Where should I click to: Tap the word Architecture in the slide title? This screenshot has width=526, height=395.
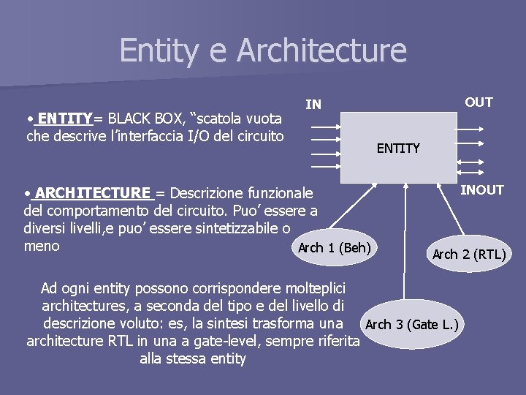coord(321,50)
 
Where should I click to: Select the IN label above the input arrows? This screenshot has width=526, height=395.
coord(313,105)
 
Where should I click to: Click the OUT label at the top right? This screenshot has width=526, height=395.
coord(479,102)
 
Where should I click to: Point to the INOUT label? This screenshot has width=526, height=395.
coord(481,190)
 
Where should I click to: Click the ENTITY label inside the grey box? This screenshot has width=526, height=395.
coord(398,148)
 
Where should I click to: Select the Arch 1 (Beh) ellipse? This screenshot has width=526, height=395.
coord(334,247)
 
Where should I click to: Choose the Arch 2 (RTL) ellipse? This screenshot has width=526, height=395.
coord(468,255)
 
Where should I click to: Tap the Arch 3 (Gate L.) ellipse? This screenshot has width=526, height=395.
coord(411,324)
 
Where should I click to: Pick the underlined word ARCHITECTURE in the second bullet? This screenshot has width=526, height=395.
coord(92,193)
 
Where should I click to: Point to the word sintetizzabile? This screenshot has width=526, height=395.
coord(229,229)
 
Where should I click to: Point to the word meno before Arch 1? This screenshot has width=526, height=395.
coord(42,247)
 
